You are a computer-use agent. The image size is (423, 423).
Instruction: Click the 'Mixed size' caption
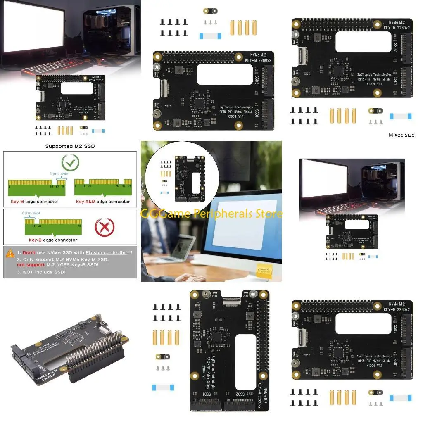point(401,135)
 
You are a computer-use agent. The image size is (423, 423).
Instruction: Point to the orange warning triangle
point(10,253)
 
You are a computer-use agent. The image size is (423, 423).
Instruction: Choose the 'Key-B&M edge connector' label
point(103,202)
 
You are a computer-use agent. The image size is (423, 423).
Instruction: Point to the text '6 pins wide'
point(31,213)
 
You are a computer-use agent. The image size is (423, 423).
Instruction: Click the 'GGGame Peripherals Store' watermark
point(211,214)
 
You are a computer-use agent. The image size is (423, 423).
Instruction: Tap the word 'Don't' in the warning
point(29,252)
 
